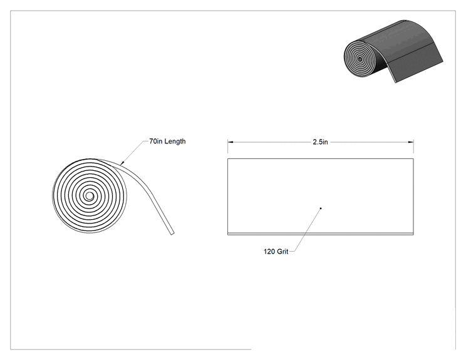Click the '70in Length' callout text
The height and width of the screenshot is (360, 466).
[x=167, y=141]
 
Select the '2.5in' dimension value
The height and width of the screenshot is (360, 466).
[x=320, y=142]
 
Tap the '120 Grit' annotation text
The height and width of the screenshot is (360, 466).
[x=276, y=252]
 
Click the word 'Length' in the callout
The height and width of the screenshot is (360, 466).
[x=175, y=141]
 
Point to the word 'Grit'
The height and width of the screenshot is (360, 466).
[x=282, y=252]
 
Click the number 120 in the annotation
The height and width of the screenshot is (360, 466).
[x=269, y=252]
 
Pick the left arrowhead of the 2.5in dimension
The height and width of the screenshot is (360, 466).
[x=230, y=142]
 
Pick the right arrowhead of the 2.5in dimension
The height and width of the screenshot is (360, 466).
[x=411, y=142]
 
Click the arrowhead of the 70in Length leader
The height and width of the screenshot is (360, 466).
[x=122, y=162]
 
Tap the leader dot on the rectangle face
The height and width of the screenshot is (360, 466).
[x=321, y=208]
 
